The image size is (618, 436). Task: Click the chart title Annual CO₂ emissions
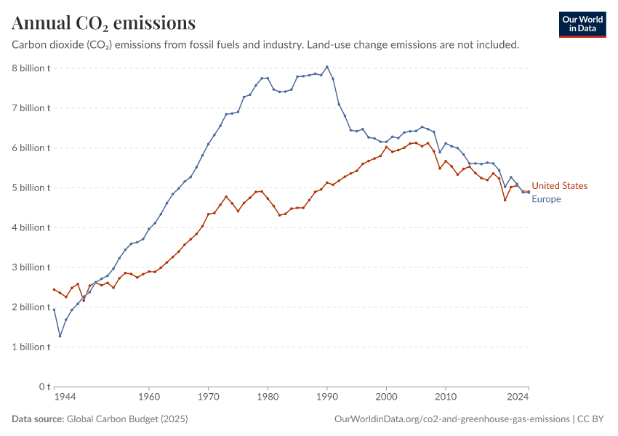(103, 23)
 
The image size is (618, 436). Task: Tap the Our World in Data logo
(582, 24)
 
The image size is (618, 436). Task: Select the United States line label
(559, 186)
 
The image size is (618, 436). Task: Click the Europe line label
(546, 199)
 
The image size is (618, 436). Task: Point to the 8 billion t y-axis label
(30, 68)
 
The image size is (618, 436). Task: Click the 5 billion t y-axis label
(30, 187)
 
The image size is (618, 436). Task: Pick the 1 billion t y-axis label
(30, 347)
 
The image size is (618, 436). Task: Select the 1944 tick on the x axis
(64, 398)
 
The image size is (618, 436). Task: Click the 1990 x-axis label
(327, 398)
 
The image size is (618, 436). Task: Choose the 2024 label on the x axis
(518, 398)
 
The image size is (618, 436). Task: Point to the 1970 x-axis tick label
(208, 398)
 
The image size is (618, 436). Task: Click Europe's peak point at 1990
(327, 67)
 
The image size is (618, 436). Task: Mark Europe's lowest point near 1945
(60, 336)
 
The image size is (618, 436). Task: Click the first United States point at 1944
(54, 289)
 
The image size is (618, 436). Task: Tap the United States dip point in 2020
(505, 200)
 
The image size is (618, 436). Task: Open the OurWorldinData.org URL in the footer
(452, 419)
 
